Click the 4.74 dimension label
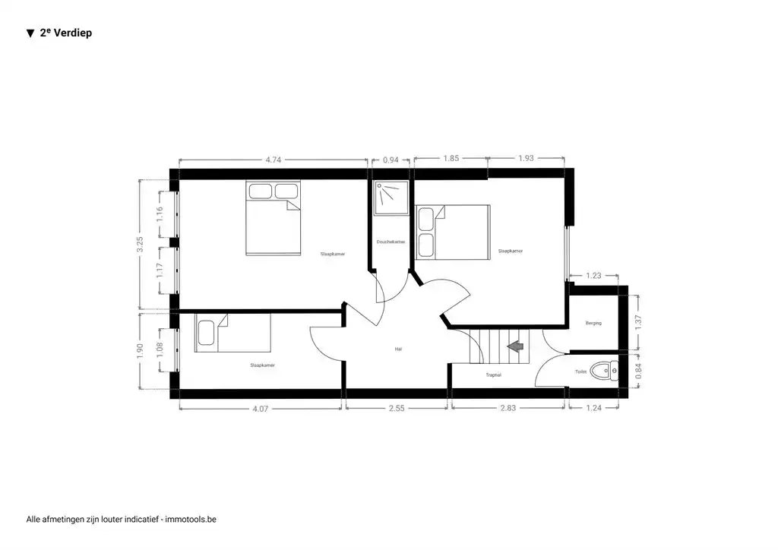274,160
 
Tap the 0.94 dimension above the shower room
391,160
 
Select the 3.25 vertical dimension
140,245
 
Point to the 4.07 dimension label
260,408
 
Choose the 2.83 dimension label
508,408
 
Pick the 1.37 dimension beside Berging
638,321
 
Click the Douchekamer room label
391,242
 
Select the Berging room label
593,324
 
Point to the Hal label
398,349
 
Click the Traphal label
494,375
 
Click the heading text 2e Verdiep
65,33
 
